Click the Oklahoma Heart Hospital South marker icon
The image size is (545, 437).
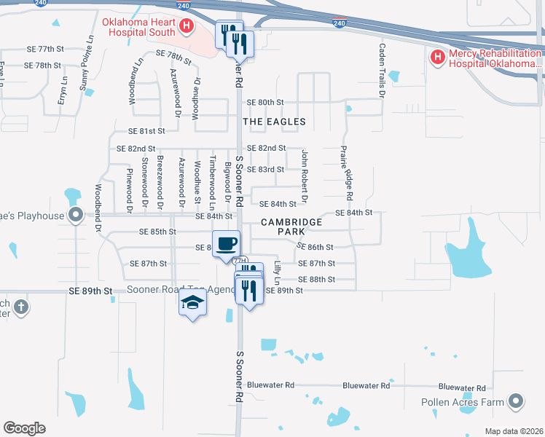click(187, 27)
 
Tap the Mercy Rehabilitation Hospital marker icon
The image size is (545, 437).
click(437, 57)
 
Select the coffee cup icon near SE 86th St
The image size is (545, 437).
click(226, 243)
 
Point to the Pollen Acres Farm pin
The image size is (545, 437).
click(517, 401)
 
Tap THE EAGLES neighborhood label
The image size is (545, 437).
click(273, 122)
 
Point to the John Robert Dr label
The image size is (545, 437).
click(305, 176)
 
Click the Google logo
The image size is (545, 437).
click(24, 428)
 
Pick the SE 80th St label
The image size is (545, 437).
click(264, 102)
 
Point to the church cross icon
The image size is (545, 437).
click(20, 307)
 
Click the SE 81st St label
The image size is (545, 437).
click(142, 131)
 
